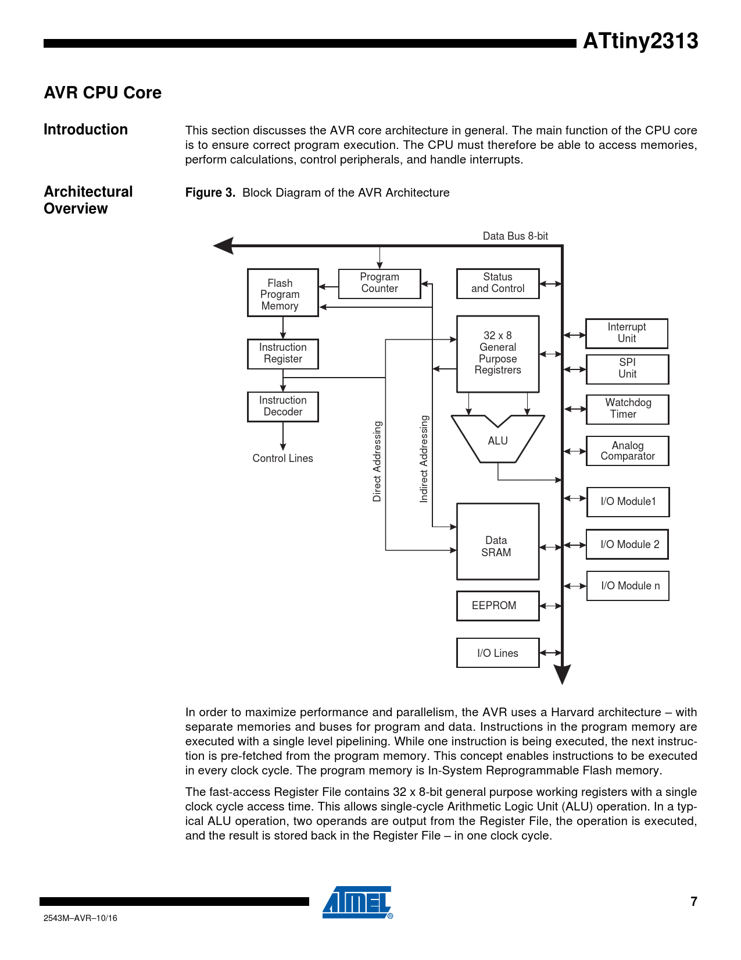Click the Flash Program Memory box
click(282, 293)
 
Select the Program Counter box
click(380, 283)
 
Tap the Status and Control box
click(497, 283)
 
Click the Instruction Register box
click(282, 354)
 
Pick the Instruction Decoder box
click(282, 407)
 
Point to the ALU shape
click(497, 441)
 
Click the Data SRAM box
click(497, 541)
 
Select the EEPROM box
click(497, 606)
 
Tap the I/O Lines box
click(497, 653)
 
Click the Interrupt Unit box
click(627, 333)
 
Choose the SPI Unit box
click(627, 369)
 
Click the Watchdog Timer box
click(627, 409)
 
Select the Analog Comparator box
click(627, 451)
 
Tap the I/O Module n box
click(627, 586)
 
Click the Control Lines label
click(282, 458)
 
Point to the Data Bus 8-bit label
click(515, 236)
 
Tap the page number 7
click(693, 902)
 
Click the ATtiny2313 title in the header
click(640, 41)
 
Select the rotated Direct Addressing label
click(377, 461)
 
